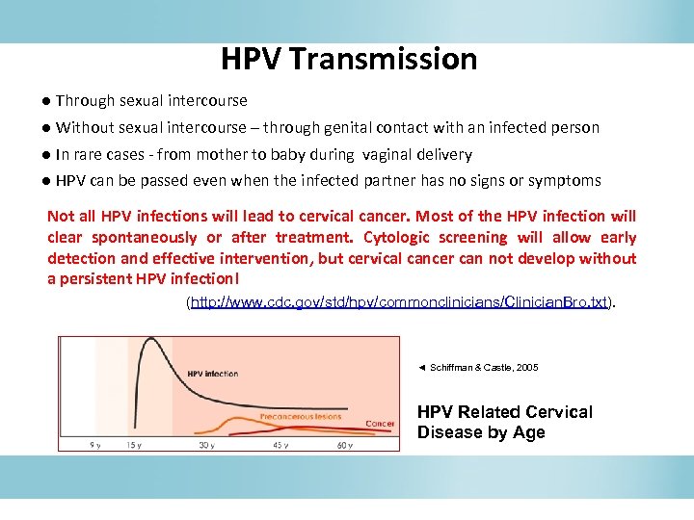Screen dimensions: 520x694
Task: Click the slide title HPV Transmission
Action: pyautogui.click(x=348, y=60)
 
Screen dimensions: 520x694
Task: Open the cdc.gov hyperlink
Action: pyautogui.click(x=400, y=302)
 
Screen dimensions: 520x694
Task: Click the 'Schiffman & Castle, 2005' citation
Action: pyautogui.click(x=484, y=368)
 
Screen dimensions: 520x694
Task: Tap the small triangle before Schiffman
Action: pyautogui.click(x=421, y=368)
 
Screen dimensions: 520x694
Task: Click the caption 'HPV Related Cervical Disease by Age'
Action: pyautogui.click(x=504, y=422)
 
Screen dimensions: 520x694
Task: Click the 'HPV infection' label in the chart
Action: pyautogui.click(x=213, y=373)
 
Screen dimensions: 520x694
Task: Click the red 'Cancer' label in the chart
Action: pyautogui.click(x=380, y=424)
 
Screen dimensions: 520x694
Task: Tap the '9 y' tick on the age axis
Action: pyautogui.click(x=95, y=445)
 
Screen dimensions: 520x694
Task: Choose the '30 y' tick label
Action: pyautogui.click(x=207, y=445)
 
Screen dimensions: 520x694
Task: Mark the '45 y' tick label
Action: pyautogui.click(x=280, y=445)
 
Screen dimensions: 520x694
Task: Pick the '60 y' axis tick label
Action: pyautogui.click(x=345, y=445)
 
